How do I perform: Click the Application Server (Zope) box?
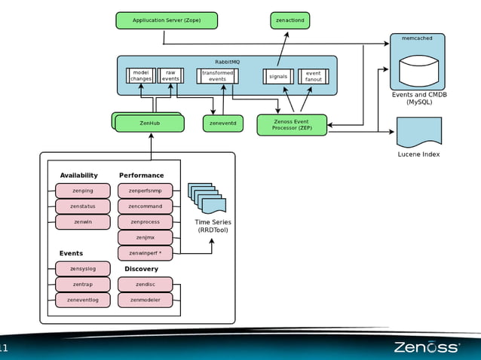click(167, 20)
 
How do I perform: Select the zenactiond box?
click(290, 20)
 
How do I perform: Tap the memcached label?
click(417, 38)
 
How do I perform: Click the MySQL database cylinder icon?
click(418, 71)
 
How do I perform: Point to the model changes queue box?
click(140, 75)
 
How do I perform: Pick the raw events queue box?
click(170, 75)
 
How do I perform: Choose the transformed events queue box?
click(218, 75)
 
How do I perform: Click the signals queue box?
click(278, 76)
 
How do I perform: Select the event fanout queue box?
click(313, 76)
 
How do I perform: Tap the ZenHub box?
click(150, 123)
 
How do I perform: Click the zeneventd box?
click(223, 123)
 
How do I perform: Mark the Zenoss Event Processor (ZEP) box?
click(292, 125)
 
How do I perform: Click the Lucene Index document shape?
click(418, 132)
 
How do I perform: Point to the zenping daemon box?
click(83, 191)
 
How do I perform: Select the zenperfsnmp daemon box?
click(145, 191)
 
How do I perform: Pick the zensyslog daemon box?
click(83, 269)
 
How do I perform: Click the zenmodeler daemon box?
click(145, 301)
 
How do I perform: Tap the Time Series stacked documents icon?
click(207, 198)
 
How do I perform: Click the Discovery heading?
click(141, 269)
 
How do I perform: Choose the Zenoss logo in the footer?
click(426, 347)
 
